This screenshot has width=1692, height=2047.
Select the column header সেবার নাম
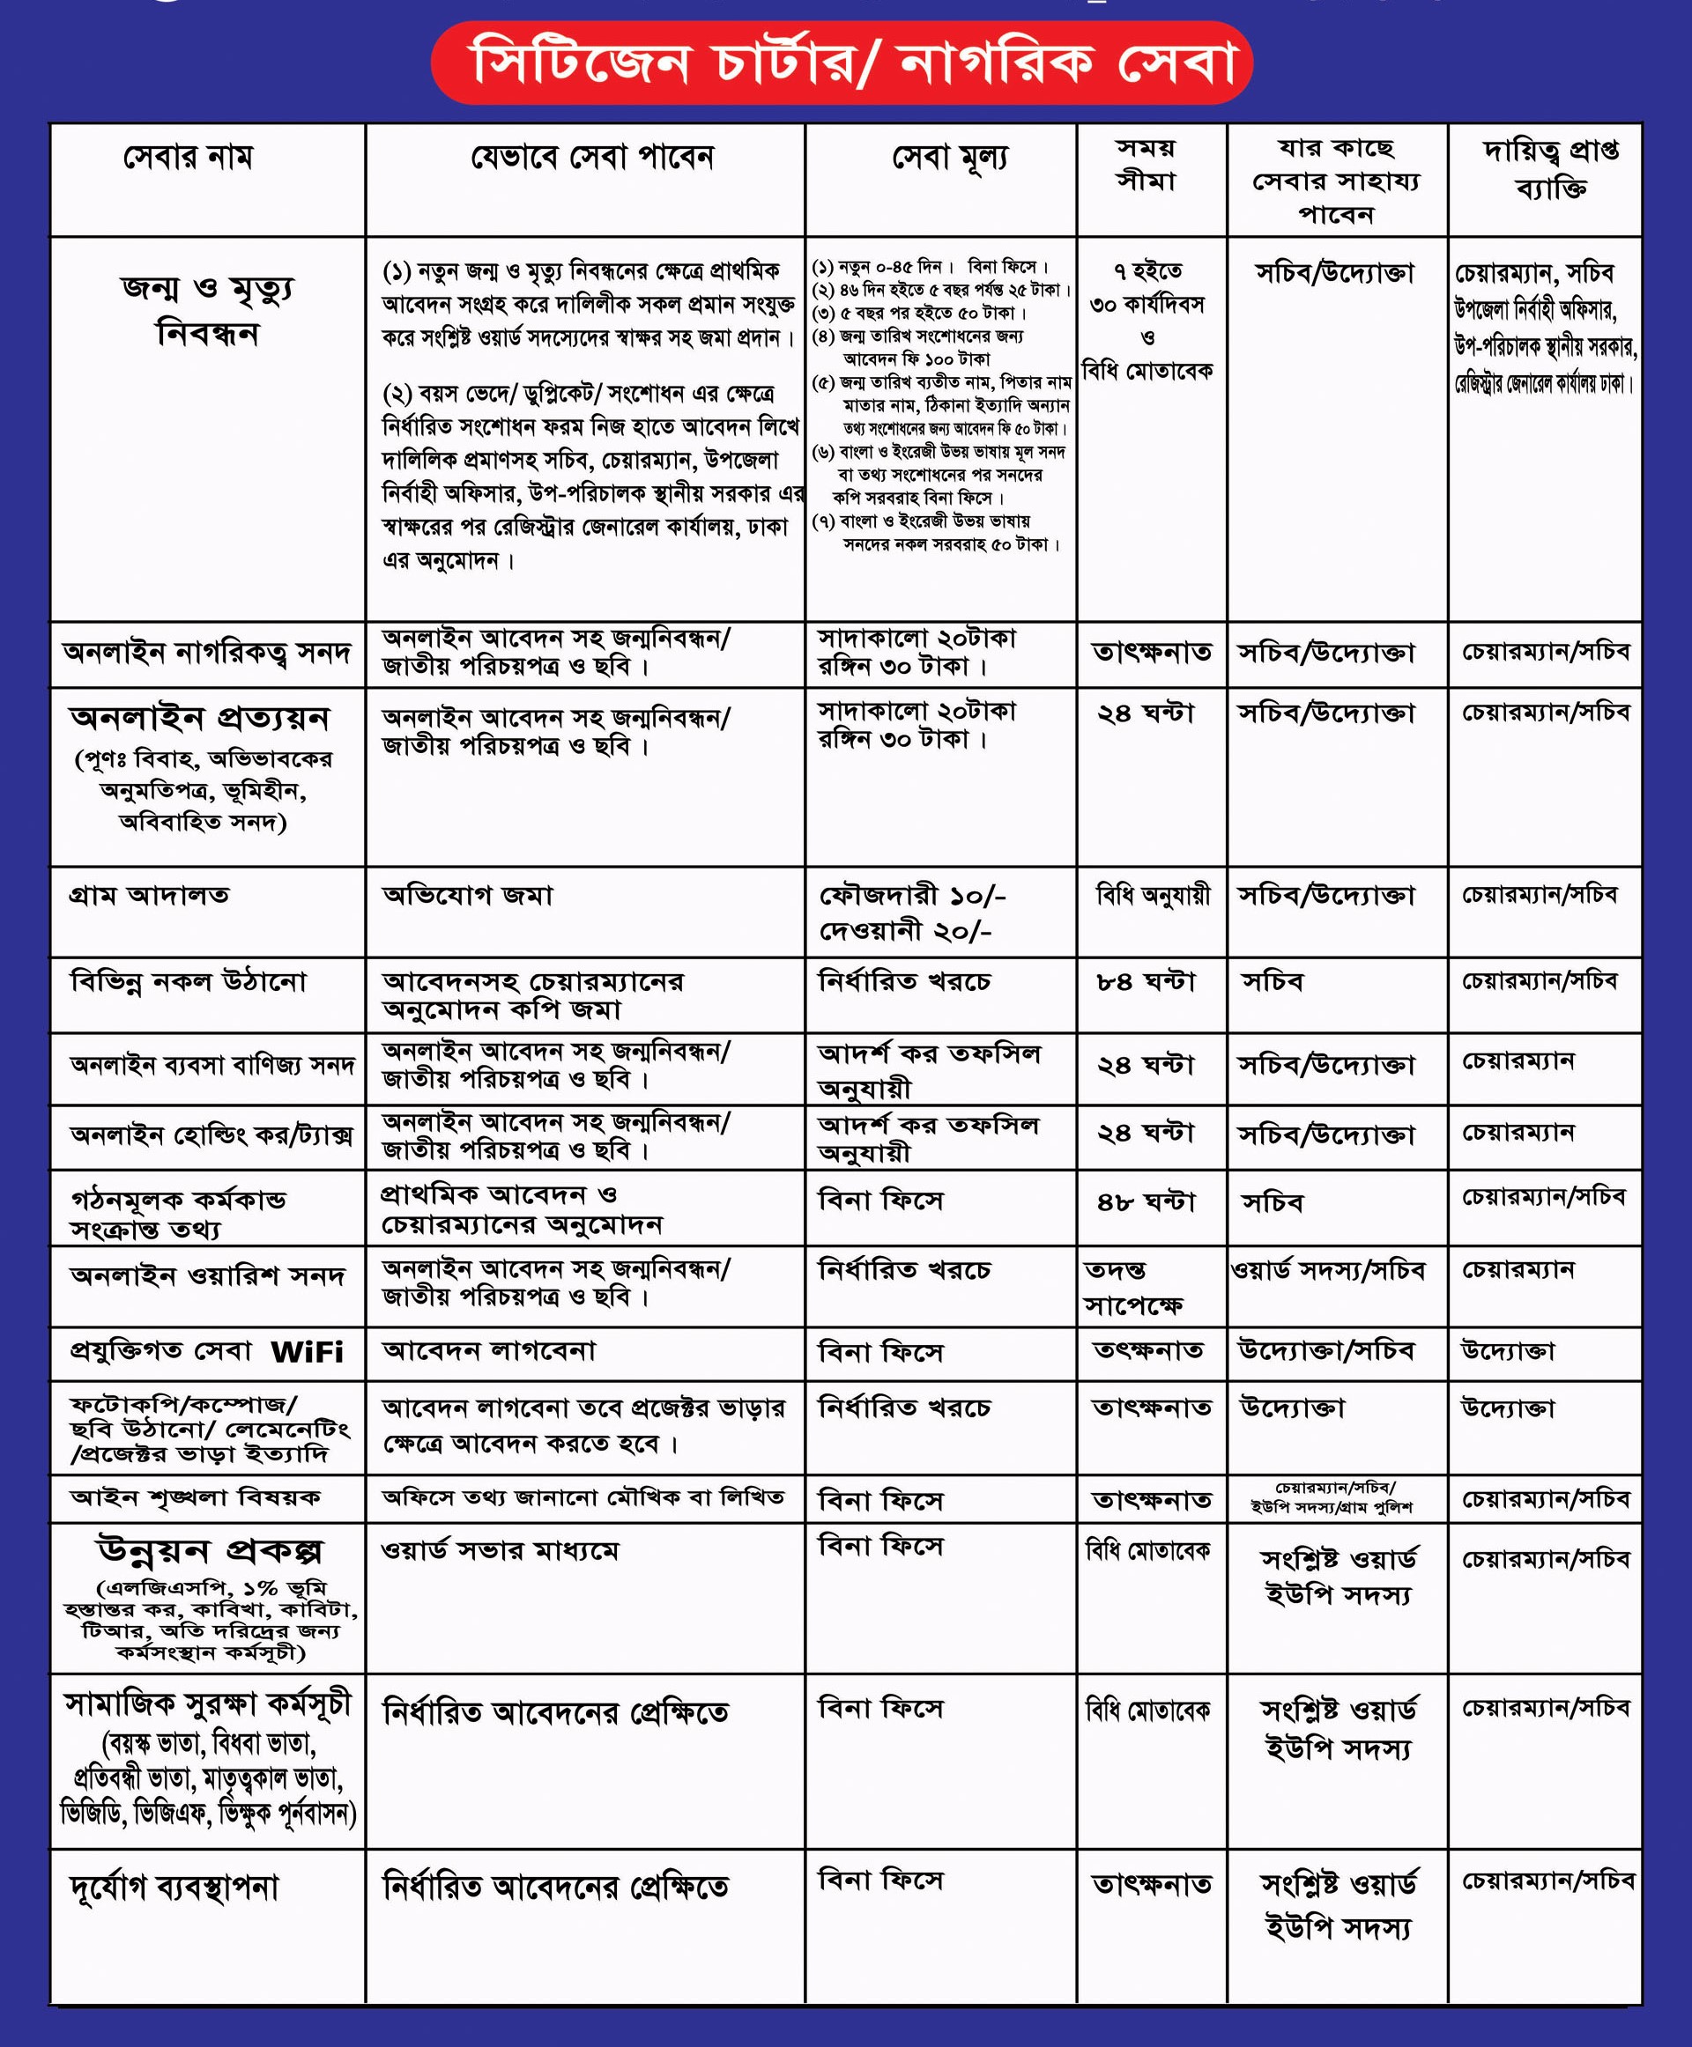tap(188, 157)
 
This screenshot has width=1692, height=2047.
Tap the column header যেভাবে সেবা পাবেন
tap(591, 157)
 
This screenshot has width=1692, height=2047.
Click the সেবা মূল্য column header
tap(949, 157)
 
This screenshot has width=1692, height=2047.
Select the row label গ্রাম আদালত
tap(149, 894)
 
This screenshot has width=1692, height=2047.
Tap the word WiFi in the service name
tap(307, 1352)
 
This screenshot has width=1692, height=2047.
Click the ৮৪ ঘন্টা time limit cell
tap(1146, 981)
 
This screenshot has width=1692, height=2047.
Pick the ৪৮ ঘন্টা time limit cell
tap(1146, 1201)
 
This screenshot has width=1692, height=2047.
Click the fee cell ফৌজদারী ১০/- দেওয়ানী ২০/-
tap(911, 913)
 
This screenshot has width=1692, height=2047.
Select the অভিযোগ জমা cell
tap(467, 894)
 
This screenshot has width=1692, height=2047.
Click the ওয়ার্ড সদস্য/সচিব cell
tap(1327, 1270)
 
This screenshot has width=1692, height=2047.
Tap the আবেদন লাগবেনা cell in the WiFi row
tap(488, 1351)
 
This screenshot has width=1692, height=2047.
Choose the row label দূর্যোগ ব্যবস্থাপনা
tap(174, 1888)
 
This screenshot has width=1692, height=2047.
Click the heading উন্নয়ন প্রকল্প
tap(209, 1550)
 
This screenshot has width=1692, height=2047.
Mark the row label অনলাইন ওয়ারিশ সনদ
tap(206, 1275)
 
